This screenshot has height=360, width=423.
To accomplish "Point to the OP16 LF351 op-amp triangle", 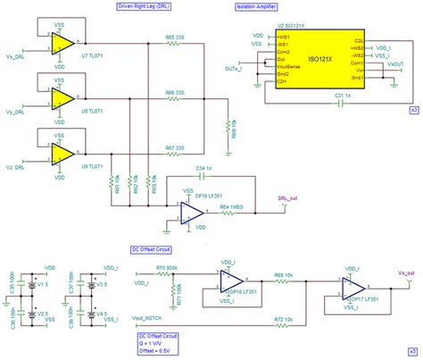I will pyautogui.click(x=192, y=212).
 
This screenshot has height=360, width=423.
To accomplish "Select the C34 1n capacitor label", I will pyautogui.click(x=203, y=167).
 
